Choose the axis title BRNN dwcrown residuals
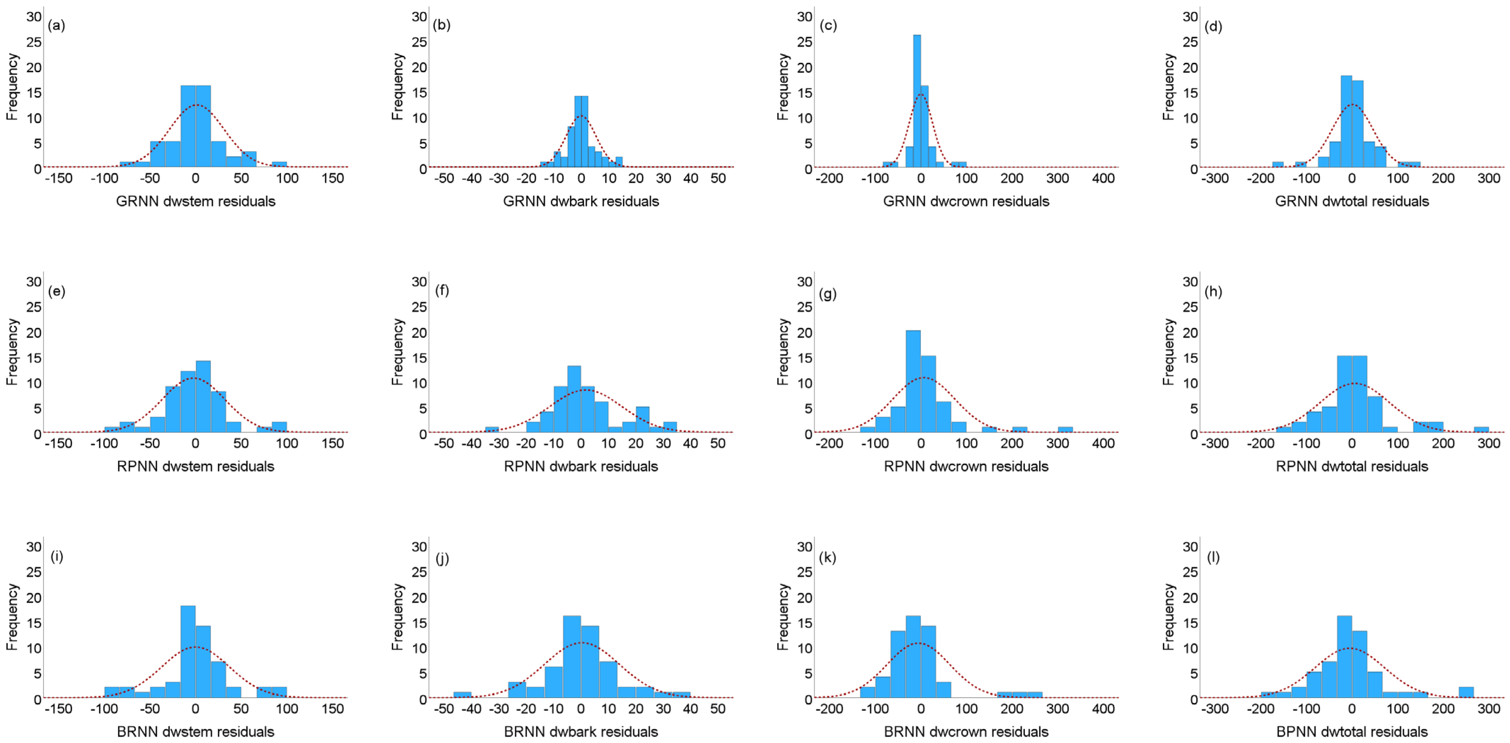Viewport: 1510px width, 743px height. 966,731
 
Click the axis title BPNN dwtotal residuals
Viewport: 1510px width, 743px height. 1352,731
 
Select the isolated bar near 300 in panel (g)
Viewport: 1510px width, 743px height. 1065,430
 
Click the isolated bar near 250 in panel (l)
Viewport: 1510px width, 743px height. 1465,692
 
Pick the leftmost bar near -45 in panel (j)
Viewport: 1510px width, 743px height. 462,695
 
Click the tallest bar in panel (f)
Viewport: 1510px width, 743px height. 574,399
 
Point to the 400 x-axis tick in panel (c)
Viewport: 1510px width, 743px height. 1103,178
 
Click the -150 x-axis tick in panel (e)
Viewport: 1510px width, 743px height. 59,443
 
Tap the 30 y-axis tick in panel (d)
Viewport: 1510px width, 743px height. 1190,16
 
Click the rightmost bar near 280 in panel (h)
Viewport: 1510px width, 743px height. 1481,430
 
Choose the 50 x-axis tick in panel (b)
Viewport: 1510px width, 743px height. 718,178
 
